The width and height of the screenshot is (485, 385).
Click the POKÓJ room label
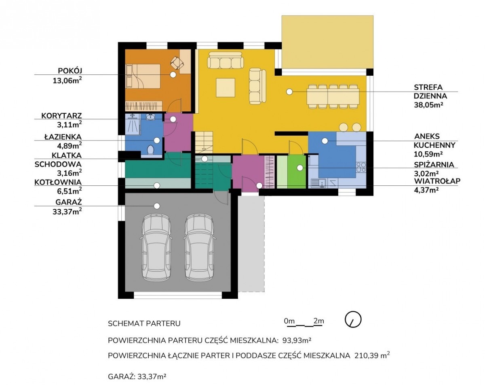(x=70, y=71)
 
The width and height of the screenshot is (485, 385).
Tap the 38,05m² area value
(x=427, y=105)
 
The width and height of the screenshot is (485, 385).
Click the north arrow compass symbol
(x=353, y=319)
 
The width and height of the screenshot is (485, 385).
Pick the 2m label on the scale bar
(x=318, y=321)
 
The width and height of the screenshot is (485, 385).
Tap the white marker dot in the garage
(x=157, y=206)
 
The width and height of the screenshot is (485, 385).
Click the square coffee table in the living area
(x=226, y=87)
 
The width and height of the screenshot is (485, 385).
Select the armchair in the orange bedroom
(x=177, y=62)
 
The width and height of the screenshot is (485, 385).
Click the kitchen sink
(x=318, y=183)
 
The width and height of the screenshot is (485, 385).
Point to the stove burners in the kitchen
(x=361, y=167)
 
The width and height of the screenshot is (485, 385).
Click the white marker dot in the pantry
(x=299, y=168)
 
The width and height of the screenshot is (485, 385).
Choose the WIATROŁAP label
(x=437, y=181)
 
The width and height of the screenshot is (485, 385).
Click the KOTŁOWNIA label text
(x=58, y=182)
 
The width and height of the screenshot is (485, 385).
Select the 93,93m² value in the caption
(x=297, y=347)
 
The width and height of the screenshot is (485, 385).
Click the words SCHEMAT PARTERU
(x=144, y=323)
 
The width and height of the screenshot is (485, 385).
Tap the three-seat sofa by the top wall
(x=226, y=60)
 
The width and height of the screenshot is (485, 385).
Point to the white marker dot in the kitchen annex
(x=325, y=141)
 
